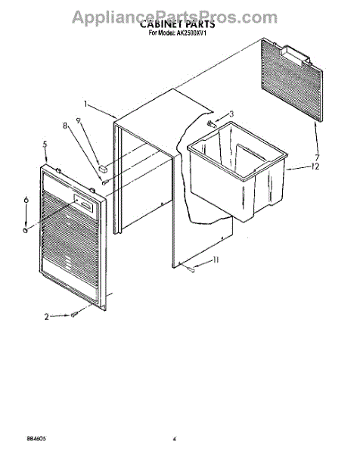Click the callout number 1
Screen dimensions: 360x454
(85, 104)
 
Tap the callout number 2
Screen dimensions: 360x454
(47, 317)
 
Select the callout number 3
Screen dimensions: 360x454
(231, 113)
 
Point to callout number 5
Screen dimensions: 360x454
(45, 145)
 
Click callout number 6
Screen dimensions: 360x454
(26, 200)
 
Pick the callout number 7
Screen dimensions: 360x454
(318, 157)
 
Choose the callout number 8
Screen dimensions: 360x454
(65, 126)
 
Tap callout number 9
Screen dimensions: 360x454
(79, 120)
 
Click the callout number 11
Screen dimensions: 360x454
(216, 260)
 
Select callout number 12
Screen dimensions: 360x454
(315, 166)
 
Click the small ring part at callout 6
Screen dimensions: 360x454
(26, 231)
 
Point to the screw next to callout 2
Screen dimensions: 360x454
(74, 315)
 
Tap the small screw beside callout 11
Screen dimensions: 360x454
(191, 270)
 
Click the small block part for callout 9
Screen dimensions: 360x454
(103, 168)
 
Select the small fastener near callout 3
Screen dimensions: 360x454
(212, 125)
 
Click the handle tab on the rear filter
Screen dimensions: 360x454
(295, 54)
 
